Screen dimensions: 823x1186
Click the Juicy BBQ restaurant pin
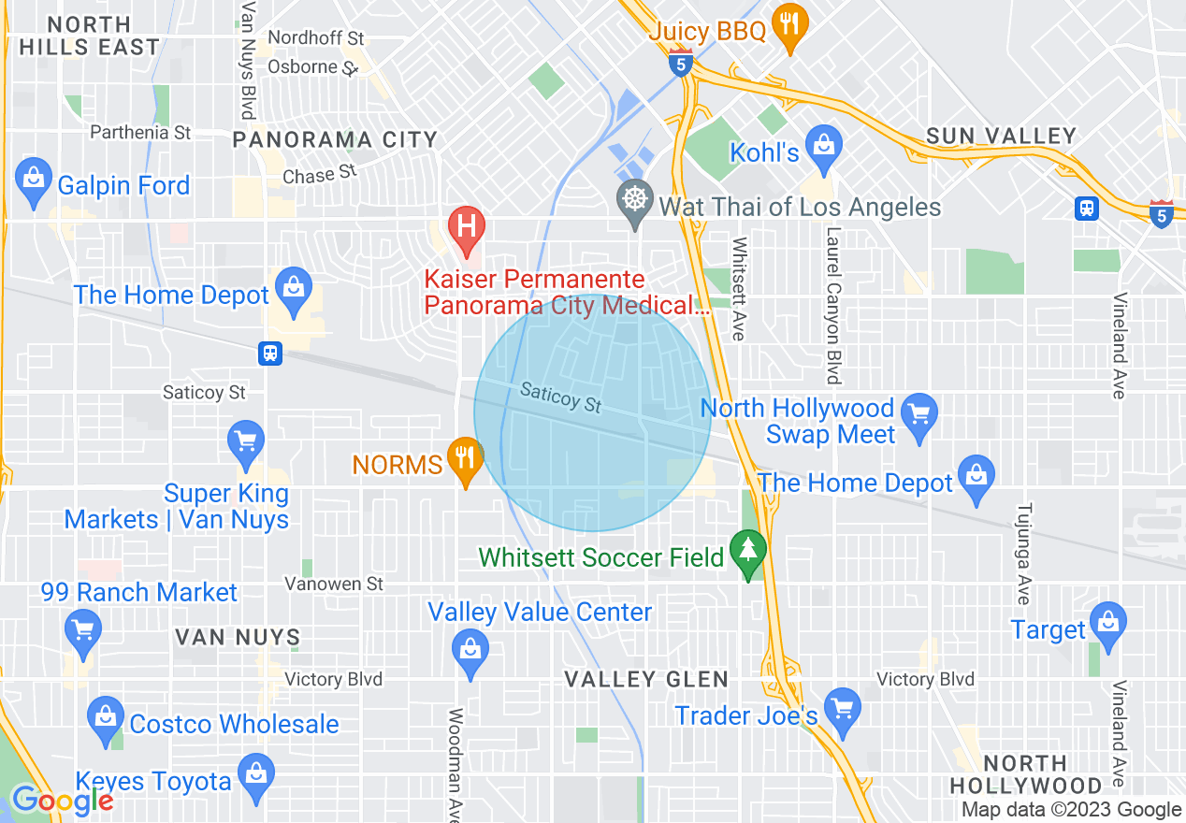click(790, 26)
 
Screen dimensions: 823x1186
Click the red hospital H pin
click(467, 228)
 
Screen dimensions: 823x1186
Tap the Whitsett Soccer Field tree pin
click(747, 553)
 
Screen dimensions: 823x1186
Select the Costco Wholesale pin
click(106, 719)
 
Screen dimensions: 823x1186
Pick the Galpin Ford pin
click(34, 179)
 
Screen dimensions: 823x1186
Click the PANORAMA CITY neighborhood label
click(335, 140)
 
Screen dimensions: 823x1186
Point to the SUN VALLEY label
click(1001, 137)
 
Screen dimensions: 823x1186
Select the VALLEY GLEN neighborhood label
click(646, 680)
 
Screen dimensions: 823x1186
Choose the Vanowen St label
click(334, 584)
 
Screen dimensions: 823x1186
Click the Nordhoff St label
click(316, 38)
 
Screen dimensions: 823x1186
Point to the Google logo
click(62, 800)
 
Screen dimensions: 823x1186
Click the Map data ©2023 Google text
click(1072, 810)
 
